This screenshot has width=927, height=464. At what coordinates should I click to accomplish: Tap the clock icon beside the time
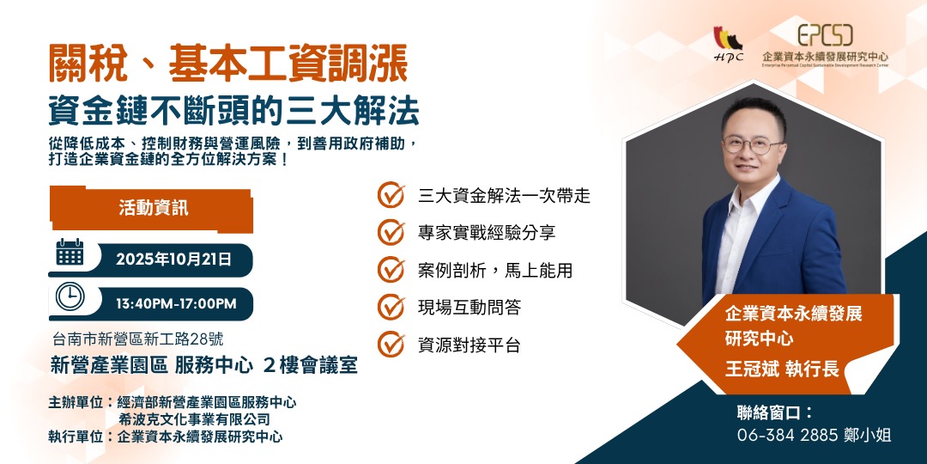click(70, 296)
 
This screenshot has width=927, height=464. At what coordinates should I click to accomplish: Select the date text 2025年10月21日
click(174, 259)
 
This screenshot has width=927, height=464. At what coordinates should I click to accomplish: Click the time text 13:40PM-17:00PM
click(176, 303)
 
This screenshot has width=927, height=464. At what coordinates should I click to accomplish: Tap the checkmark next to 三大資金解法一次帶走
click(391, 195)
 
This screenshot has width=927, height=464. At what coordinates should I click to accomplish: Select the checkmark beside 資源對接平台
click(391, 345)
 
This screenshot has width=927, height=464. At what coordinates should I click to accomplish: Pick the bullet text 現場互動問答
click(469, 308)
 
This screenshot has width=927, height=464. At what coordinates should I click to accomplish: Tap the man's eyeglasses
click(753, 144)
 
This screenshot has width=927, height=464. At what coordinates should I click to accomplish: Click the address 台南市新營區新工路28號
click(137, 339)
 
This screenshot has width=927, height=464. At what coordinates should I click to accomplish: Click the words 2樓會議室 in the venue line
click(310, 365)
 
